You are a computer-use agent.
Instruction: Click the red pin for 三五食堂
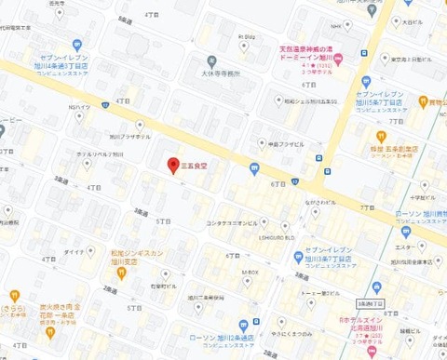coord(172,166)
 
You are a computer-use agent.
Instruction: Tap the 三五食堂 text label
coord(199,165)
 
